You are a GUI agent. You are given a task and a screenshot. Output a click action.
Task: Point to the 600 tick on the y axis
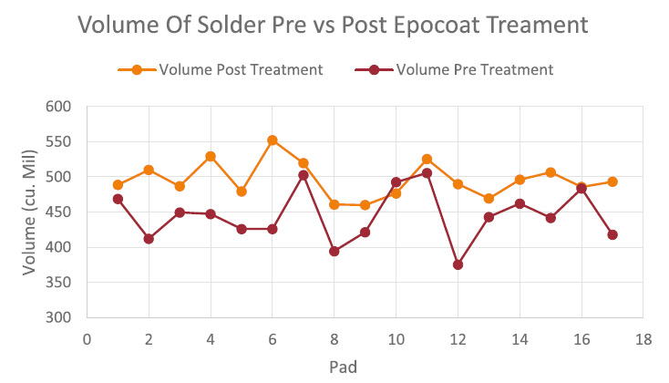tap(58, 107)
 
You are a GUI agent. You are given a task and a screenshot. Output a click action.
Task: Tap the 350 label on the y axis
tap(58, 283)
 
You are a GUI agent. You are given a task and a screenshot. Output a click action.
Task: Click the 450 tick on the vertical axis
tap(58, 212)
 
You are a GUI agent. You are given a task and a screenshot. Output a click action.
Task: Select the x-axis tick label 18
tap(643, 340)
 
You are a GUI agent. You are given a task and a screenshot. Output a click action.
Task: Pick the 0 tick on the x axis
tap(87, 340)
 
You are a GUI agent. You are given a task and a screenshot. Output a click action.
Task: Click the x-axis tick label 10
tap(396, 340)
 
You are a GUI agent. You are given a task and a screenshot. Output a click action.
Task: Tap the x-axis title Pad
tap(345, 367)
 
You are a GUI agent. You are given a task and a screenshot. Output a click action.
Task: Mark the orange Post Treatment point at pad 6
tap(272, 140)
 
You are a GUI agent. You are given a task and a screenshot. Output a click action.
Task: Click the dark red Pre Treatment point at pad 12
tap(458, 264)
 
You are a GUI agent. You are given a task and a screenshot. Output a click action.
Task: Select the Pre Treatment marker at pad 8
tap(334, 251)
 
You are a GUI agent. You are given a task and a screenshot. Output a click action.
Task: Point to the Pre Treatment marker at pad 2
tap(149, 239)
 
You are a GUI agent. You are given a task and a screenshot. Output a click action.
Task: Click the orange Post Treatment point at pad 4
tap(211, 156)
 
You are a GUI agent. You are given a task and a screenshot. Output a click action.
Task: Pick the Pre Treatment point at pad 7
tap(303, 175)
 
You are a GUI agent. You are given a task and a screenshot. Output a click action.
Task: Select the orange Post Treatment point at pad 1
tap(118, 185)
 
